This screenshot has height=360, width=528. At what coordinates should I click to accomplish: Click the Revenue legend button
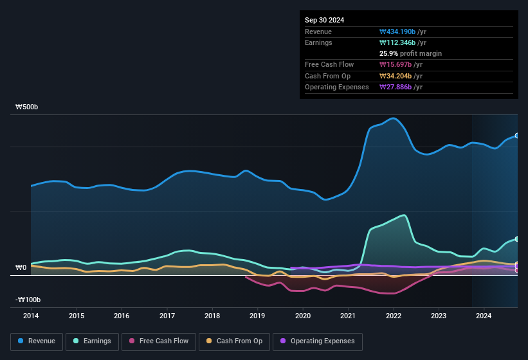[36, 341]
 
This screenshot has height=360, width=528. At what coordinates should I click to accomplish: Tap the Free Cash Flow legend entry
[159, 341]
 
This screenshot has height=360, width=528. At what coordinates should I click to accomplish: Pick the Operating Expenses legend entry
[318, 341]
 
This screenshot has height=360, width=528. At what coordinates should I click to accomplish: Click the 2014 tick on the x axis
[31, 316]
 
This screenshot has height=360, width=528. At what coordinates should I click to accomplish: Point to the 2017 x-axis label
[167, 316]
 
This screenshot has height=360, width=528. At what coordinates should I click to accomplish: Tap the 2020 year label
[303, 316]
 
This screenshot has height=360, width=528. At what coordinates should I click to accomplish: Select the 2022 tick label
[394, 316]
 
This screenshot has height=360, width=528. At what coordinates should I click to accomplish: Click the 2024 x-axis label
[484, 316]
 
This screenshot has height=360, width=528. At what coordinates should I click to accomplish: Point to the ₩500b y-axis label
[27, 107]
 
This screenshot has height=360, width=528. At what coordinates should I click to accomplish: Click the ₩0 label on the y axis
[21, 267]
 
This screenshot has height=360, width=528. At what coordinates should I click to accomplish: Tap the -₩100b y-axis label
[28, 300]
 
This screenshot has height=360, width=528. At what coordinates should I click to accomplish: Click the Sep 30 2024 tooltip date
[324, 20]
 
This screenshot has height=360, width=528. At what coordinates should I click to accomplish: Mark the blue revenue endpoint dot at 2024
[516, 136]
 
